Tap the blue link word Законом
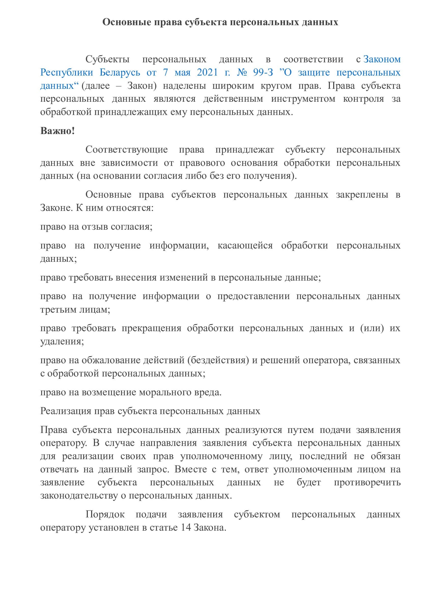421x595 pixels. point(382,59)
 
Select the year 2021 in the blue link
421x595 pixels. point(207,72)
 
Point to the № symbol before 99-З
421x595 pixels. point(242,72)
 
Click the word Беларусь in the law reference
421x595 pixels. point(120,72)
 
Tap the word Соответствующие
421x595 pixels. point(127,150)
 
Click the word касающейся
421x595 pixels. point(245,245)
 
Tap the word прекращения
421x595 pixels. point(151,328)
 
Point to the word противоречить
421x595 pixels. point(367,483)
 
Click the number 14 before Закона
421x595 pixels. point(186,528)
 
